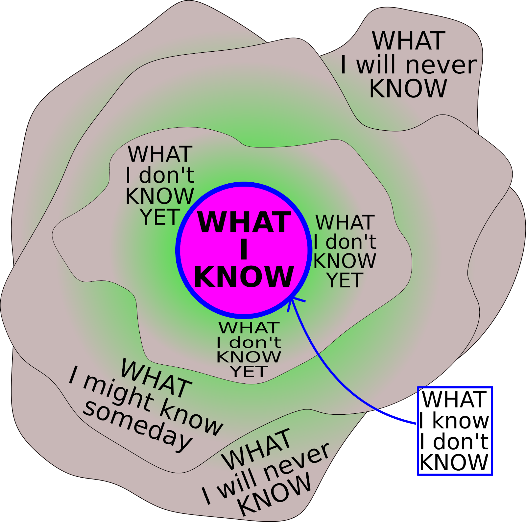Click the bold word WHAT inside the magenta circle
coord(244,222)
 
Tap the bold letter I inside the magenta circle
coord(244,249)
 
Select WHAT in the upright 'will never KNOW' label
coord(409,41)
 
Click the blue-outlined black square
coord(455,431)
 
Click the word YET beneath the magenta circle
coord(249,372)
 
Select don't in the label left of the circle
coord(166,175)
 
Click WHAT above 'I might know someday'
coord(156,378)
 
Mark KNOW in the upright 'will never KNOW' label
coord(408,89)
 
